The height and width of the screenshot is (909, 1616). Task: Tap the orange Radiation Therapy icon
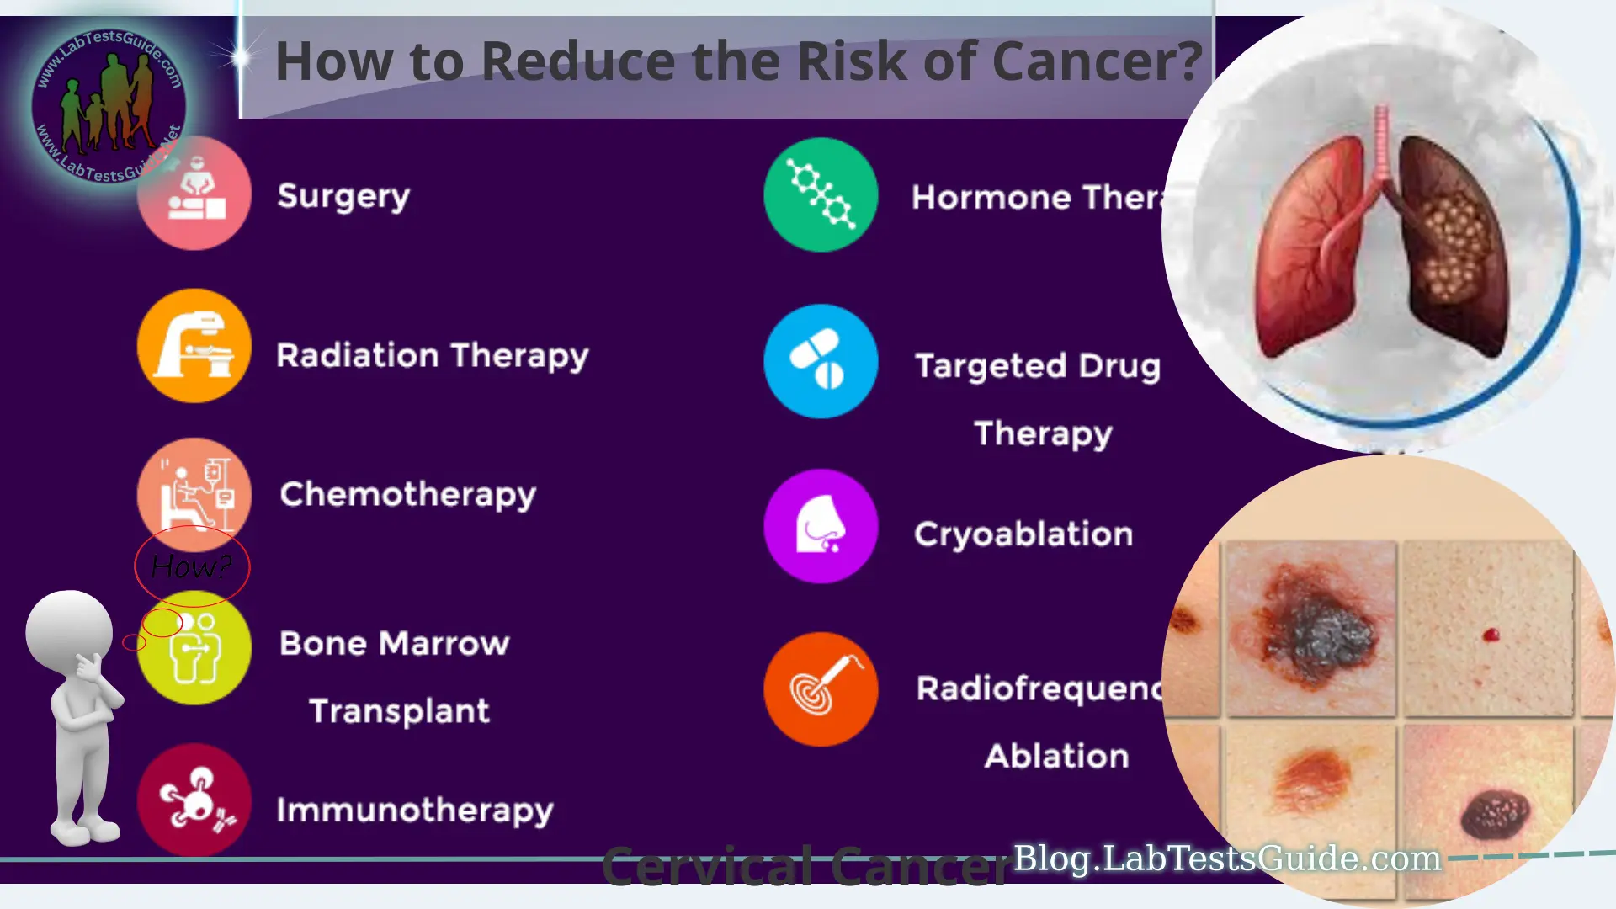194,346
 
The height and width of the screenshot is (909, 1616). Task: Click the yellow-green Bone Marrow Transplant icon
195,648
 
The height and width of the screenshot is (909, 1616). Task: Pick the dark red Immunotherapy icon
194,800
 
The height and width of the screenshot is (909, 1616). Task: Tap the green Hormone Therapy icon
821,195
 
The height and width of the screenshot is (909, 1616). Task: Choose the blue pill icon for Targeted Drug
821,361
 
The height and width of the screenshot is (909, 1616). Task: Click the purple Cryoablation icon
821,526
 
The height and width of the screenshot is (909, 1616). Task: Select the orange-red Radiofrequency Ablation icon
821,689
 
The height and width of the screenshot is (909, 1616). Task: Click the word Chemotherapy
407,495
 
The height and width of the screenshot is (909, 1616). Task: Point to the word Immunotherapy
415,811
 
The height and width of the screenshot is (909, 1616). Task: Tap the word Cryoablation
1023,534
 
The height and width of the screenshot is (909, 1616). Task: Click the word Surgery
343,196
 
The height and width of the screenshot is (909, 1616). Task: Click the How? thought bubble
192,566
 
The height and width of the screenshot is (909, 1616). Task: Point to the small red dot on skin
1491,635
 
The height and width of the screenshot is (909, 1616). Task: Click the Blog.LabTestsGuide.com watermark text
1226,858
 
